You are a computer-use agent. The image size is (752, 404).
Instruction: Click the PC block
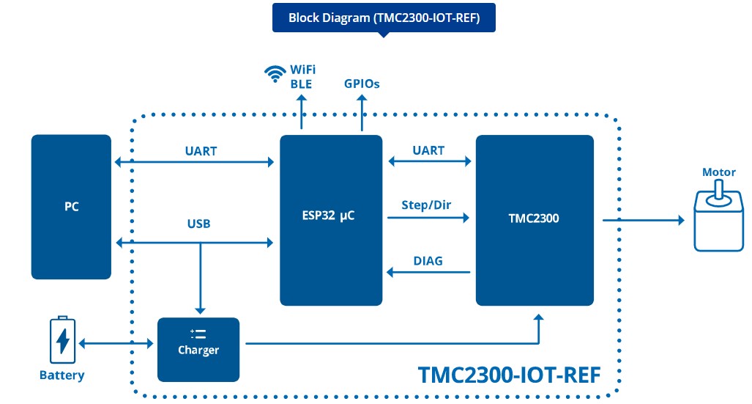click(71, 207)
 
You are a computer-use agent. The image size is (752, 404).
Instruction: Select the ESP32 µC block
click(331, 220)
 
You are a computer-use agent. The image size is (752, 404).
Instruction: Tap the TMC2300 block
click(535, 220)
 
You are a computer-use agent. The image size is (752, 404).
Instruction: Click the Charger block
click(198, 350)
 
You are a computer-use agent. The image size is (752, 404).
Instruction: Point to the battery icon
click(62, 339)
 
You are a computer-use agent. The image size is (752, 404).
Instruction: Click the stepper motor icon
click(718, 216)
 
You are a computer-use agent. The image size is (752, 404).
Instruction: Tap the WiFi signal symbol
click(275, 73)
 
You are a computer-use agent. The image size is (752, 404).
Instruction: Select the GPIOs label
click(362, 84)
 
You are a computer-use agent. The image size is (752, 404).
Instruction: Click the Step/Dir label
click(426, 205)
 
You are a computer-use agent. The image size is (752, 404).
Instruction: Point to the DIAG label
click(428, 261)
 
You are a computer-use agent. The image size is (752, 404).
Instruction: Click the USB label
click(198, 224)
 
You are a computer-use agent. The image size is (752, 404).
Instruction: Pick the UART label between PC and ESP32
click(201, 151)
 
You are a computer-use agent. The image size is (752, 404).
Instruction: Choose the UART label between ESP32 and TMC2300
click(428, 150)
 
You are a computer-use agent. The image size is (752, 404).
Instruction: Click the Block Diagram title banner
click(384, 18)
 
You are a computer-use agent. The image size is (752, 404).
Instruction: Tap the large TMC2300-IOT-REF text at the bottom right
click(509, 375)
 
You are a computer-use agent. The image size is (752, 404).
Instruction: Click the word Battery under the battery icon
click(62, 375)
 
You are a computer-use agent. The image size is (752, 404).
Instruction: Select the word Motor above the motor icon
click(718, 172)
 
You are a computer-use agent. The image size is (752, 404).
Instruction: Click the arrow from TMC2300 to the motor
click(643, 220)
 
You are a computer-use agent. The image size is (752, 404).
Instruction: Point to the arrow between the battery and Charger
click(116, 343)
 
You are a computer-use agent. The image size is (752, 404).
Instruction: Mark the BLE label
click(301, 84)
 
